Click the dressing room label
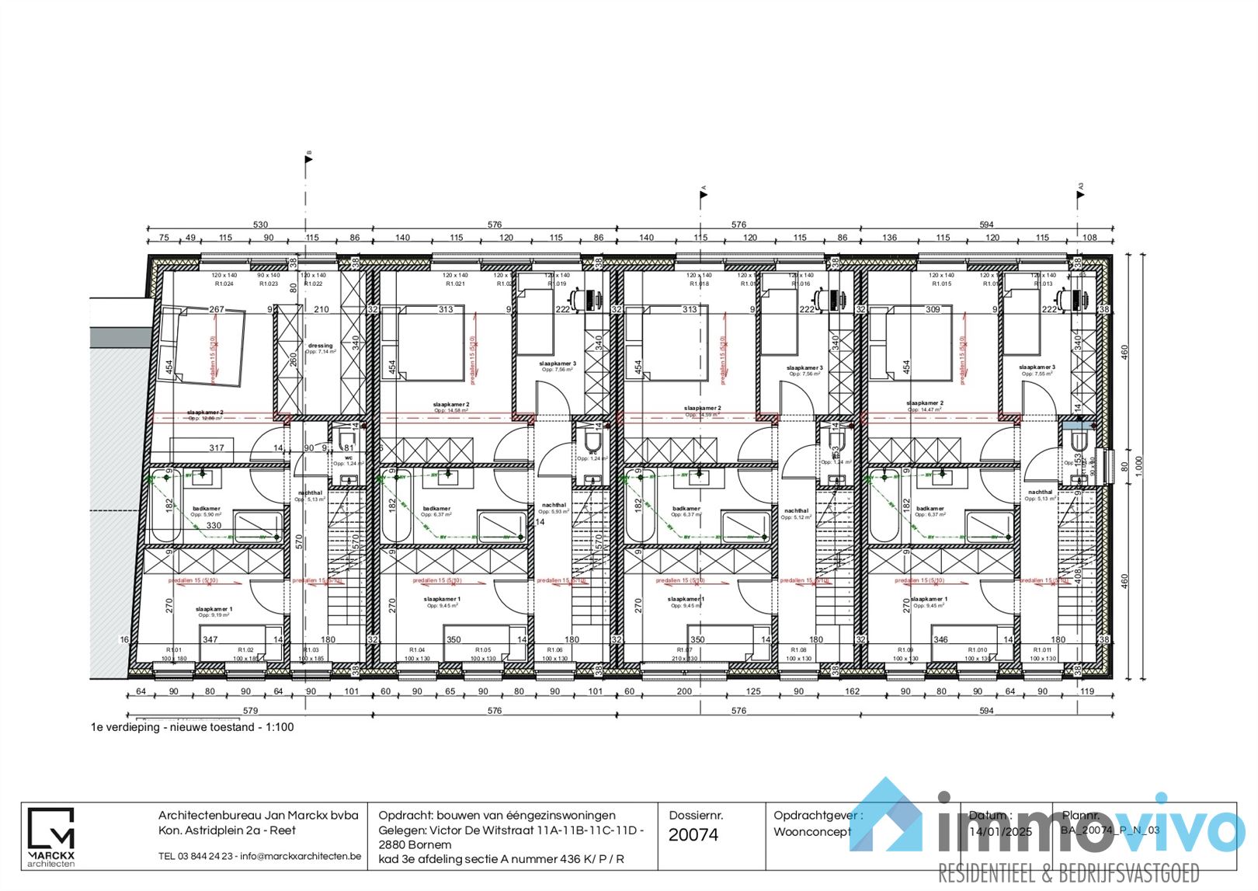click(x=320, y=346)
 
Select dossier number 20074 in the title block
click(x=693, y=835)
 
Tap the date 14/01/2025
click(x=1001, y=831)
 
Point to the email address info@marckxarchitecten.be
click(x=301, y=856)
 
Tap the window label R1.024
click(x=224, y=284)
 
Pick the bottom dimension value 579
click(x=250, y=710)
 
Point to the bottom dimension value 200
click(x=684, y=691)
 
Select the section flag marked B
click(x=308, y=158)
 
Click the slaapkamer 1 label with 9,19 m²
click(x=214, y=610)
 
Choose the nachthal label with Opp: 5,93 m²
click(x=554, y=506)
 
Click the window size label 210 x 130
click(x=684, y=659)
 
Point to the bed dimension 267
click(x=217, y=309)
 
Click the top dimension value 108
click(x=1090, y=238)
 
